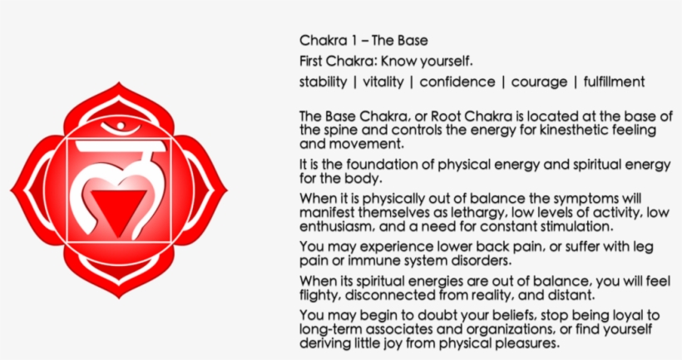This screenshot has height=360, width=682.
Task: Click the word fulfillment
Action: pos(614,81)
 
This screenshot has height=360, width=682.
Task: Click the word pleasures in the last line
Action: pos(530,343)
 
